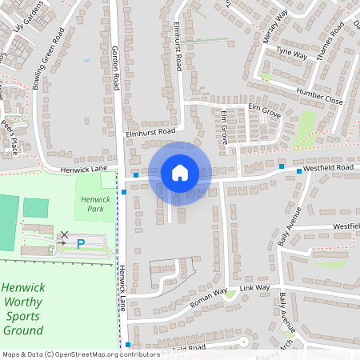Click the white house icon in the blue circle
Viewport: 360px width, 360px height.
pyautogui.click(x=179, y=172)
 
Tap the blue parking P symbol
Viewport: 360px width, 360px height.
pyautogui.click(x=80, y=243)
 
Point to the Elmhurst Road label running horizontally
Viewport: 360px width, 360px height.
pyautogui.click(x=150, y=130)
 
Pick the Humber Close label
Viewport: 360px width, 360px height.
pyautogui.click(x=319, y=97)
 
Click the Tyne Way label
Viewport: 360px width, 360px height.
pyautogui.click(x=291, y=54)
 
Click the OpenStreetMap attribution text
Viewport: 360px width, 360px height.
pyautogui.click(x=80, y=354)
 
